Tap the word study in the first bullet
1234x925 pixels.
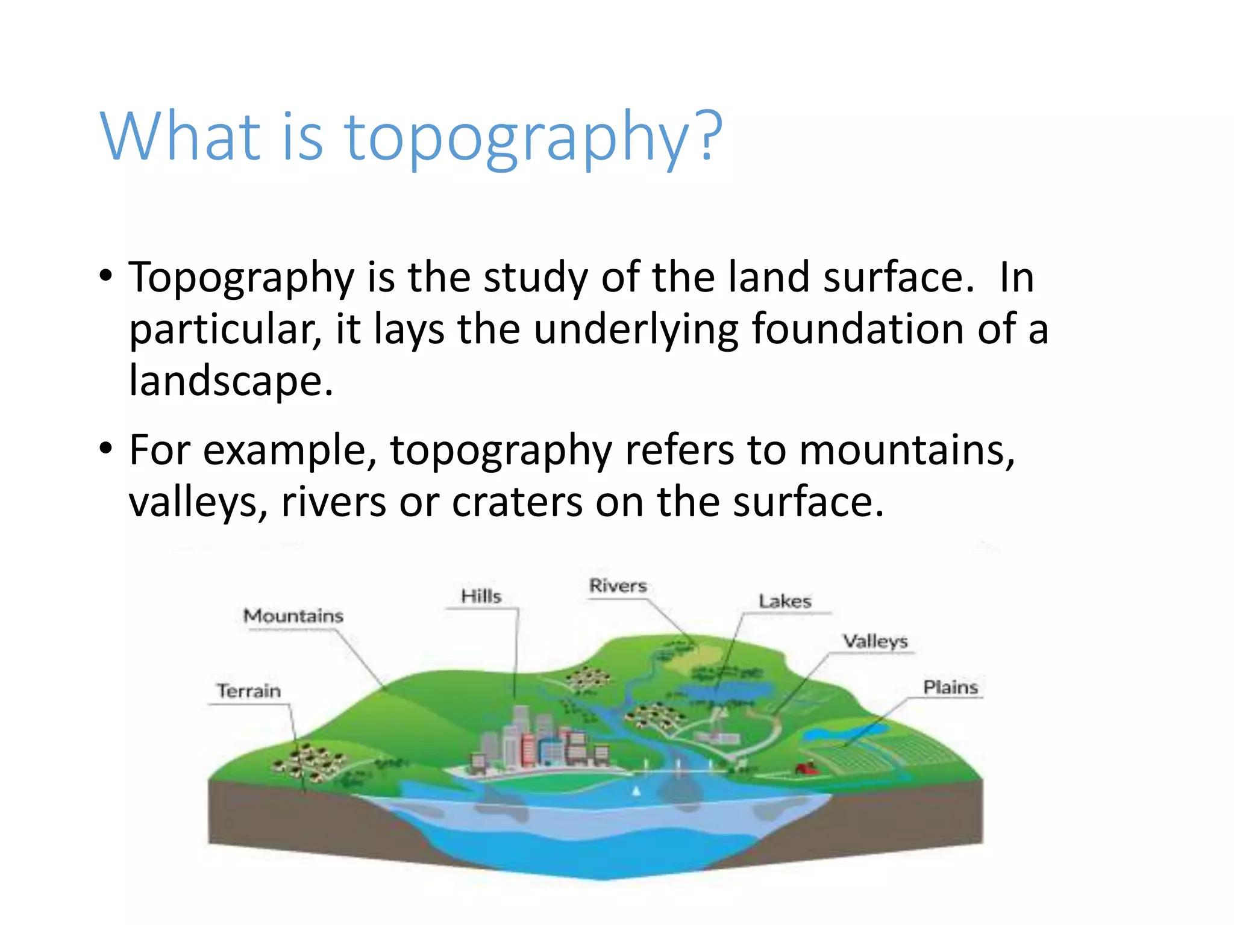tap(535, 278)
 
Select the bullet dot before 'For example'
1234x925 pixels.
tap(106, 449)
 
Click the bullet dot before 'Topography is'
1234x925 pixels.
tap(106, 276)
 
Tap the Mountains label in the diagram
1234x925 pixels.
tap(293, 615)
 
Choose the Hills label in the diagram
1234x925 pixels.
tap(481, 596)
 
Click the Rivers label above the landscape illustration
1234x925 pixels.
tap(618, 585)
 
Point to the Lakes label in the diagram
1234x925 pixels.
tap(785, 601)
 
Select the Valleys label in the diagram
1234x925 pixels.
tap(875, 641)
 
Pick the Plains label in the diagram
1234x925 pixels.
tap(950, 687)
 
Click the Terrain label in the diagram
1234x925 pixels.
tap(249, 690)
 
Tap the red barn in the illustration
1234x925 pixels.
tap(806, 768)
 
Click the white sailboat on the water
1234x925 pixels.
tap(636, 791)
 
